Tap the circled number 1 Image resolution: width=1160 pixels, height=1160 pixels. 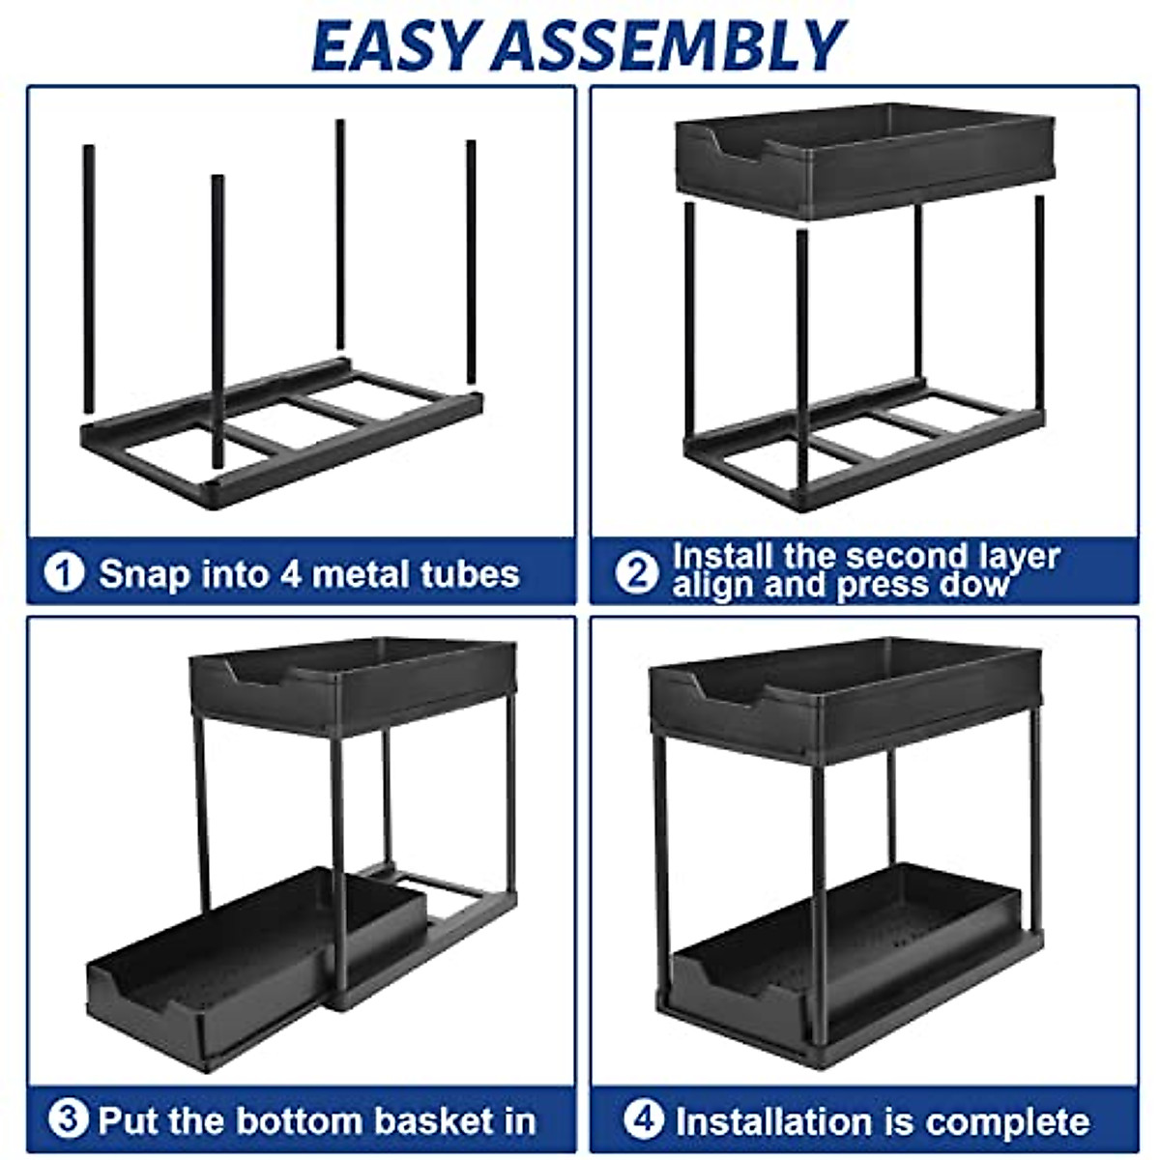tap(65, 572)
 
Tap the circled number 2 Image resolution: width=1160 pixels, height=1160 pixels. tap(637, 572)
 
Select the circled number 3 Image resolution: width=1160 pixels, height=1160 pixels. tap(68, 1120)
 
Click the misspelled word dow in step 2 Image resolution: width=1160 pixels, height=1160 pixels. tap(981, 585)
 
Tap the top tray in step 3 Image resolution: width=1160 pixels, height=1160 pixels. tap(353, 681)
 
